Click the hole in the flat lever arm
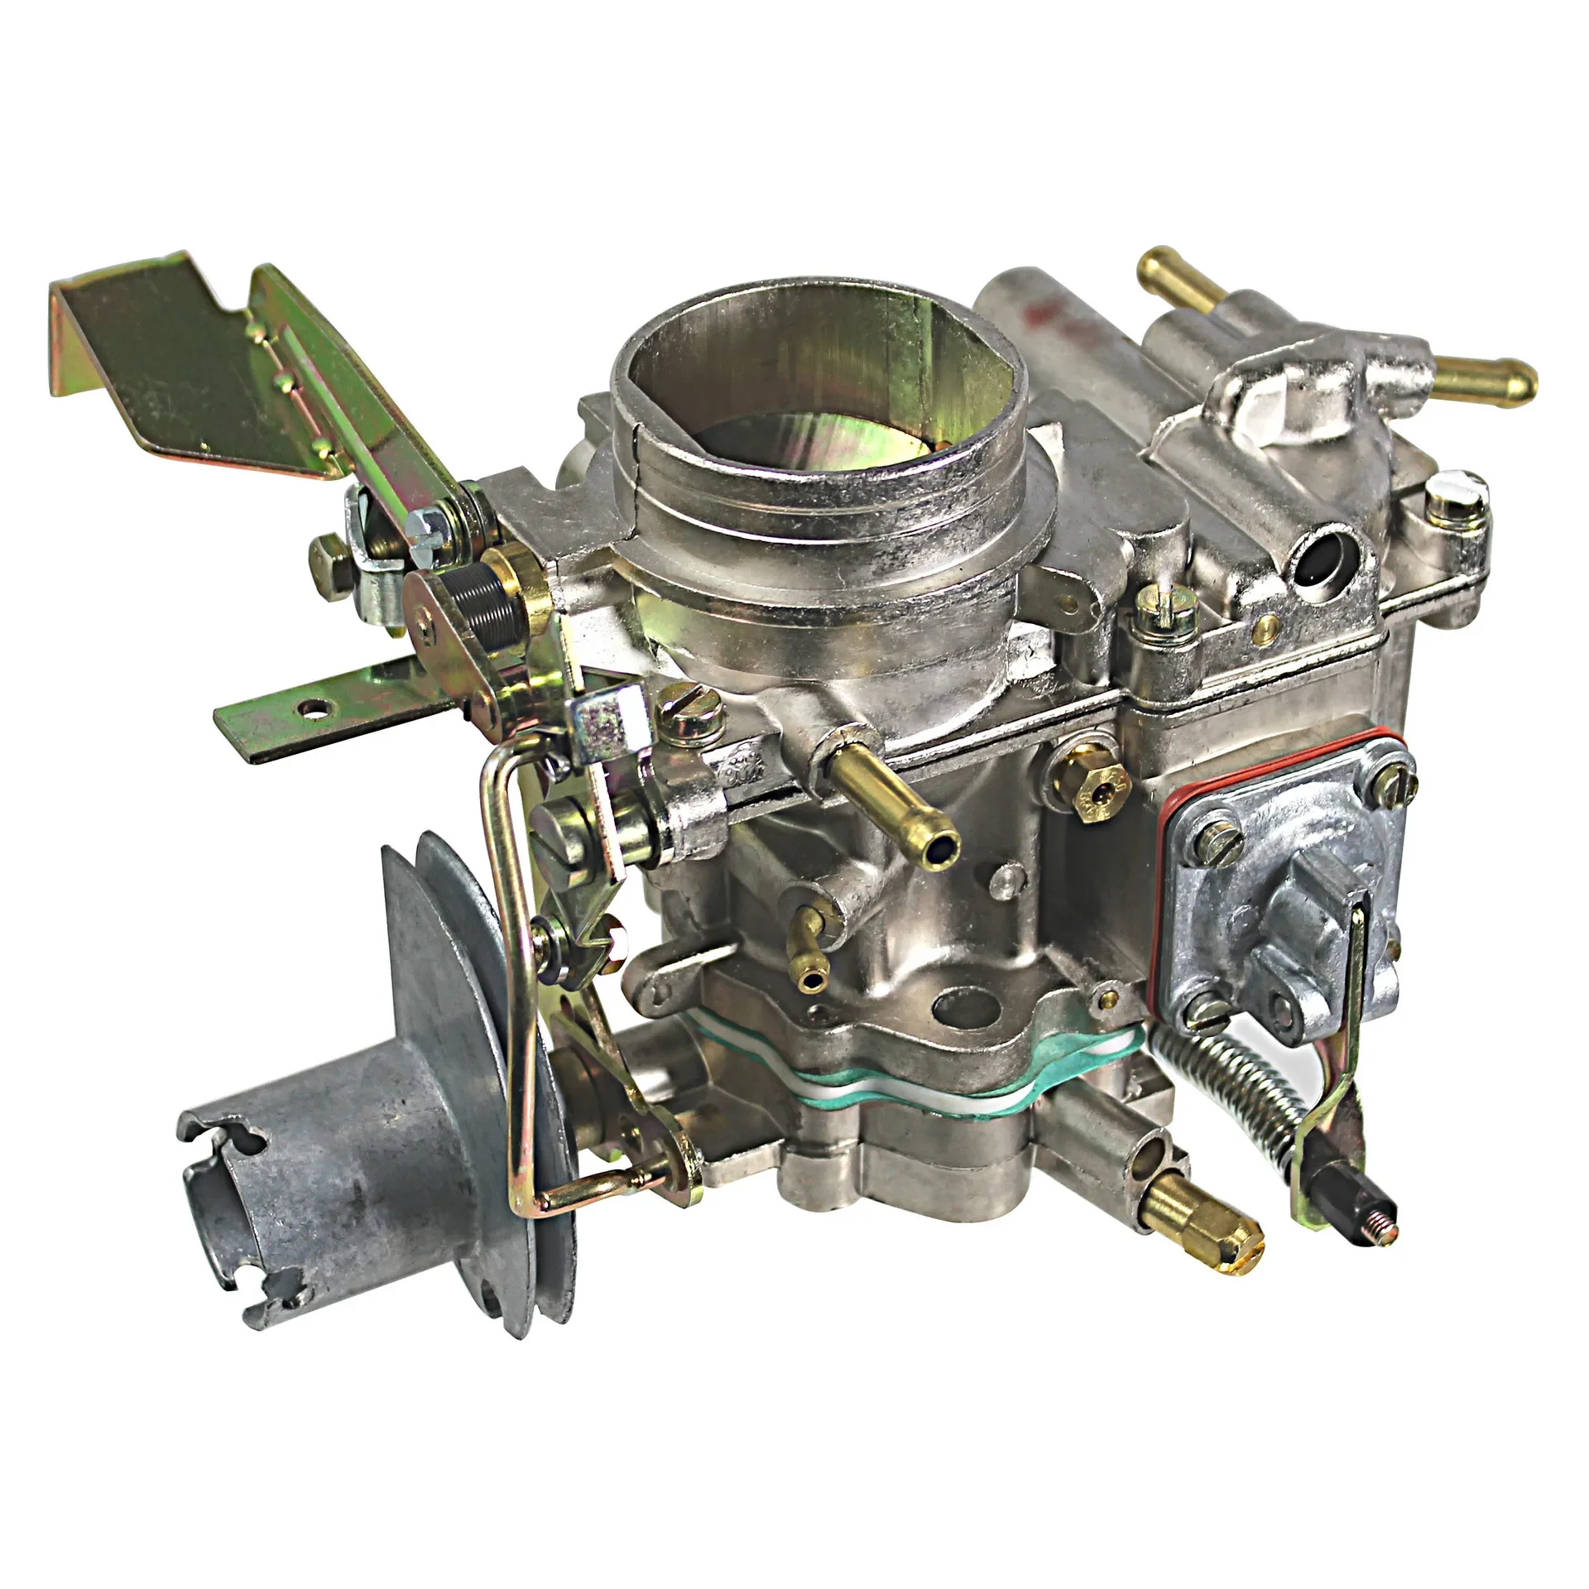[315, 708]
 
